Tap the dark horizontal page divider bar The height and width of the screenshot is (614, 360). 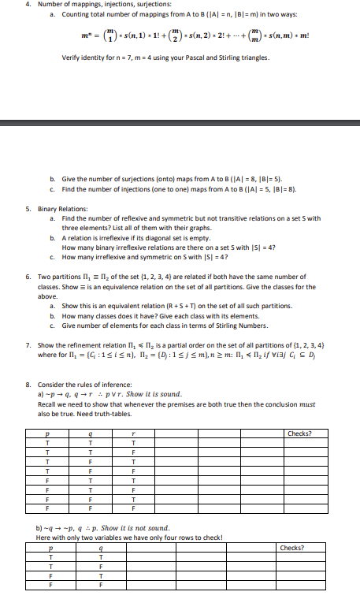[x=180, y=122]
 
